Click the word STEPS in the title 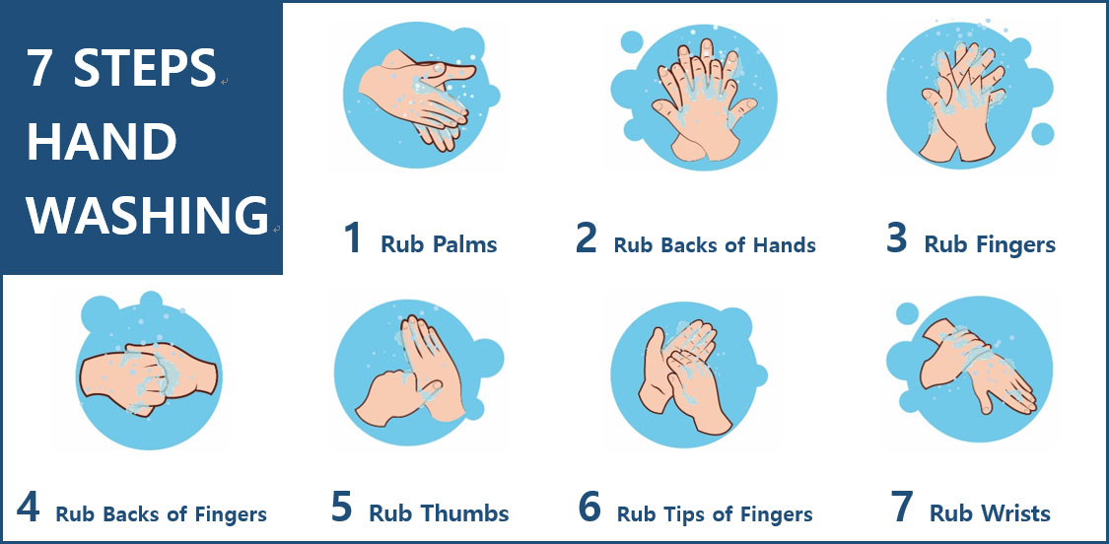point(144,68)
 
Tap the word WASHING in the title point(149,215)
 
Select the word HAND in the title point(102,142)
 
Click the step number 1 point(353,238)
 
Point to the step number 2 point(587,238)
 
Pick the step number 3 point(897,238)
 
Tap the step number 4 point(28,507)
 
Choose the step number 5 point(341,507)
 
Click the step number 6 point(589,507)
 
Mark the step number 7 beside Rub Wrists point(902,507)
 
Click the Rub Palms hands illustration point(417,99)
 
